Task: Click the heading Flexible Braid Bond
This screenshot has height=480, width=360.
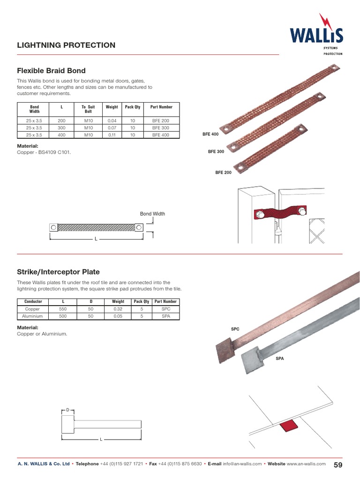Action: coord(51,71)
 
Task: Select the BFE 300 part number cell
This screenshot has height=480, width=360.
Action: coord(161,127)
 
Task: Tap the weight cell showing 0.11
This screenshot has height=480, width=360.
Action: coord(112,135)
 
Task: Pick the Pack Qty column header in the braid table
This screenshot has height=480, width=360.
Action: coord(133,107)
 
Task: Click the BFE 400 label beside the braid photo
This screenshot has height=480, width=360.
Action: coord(210,135)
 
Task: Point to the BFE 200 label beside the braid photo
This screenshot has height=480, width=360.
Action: coord(224,172)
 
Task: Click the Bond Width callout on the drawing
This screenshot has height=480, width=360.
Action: coord(152,214)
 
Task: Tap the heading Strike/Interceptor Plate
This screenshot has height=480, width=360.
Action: coord(58,272)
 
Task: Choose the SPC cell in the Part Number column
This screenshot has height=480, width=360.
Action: coord(165,309)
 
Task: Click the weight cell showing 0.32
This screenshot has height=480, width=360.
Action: coord(118,309)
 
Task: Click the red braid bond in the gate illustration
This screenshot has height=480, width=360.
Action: coord(279,214)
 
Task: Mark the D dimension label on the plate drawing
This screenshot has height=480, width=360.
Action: coord(67,410)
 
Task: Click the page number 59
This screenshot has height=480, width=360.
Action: coord(338,465)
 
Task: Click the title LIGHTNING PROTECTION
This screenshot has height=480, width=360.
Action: coord(66,45)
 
